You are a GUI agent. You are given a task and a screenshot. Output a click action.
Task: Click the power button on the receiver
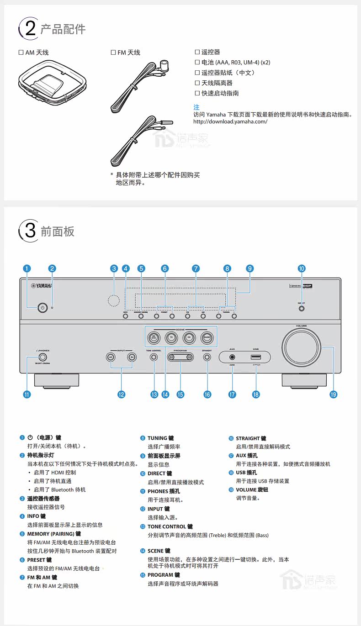pyautogui.click(x=42, y=308)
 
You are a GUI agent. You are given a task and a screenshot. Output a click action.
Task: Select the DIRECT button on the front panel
pyautogui.click(x=301, y=309)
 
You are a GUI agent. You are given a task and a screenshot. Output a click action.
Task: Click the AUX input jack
pyautogui.click(x=233, y=357)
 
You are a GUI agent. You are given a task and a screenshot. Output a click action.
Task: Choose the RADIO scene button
pyautogui.click(x=207, y=338)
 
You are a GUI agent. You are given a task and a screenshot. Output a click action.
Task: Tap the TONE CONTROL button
pyautogui.click(x=154, y=357)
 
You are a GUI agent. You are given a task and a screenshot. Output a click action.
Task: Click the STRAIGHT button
pyautogui.click(x=207, y=357)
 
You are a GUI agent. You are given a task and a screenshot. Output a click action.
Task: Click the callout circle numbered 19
pyautogui.click(x=333, y=394)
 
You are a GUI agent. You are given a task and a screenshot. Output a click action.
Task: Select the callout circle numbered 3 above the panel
pyautogui.click(x=114, y=268)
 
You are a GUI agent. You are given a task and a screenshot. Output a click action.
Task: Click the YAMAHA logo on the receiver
pyautogui.click(x=41, y=286)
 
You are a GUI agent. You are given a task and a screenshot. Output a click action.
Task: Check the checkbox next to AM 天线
pyautogui.click(x=21, y=53)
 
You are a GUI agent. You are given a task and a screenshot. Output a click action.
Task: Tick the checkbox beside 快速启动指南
pyautogui.click(x=197, y=93)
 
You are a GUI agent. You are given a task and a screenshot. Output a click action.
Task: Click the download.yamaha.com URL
pyautogui.click(x=230, y=121)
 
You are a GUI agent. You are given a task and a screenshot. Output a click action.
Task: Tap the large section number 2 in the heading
pyautogui.click(x=30, y=29)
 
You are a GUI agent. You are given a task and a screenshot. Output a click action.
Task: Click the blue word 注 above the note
pyautogui.click(x=196, y=107)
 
